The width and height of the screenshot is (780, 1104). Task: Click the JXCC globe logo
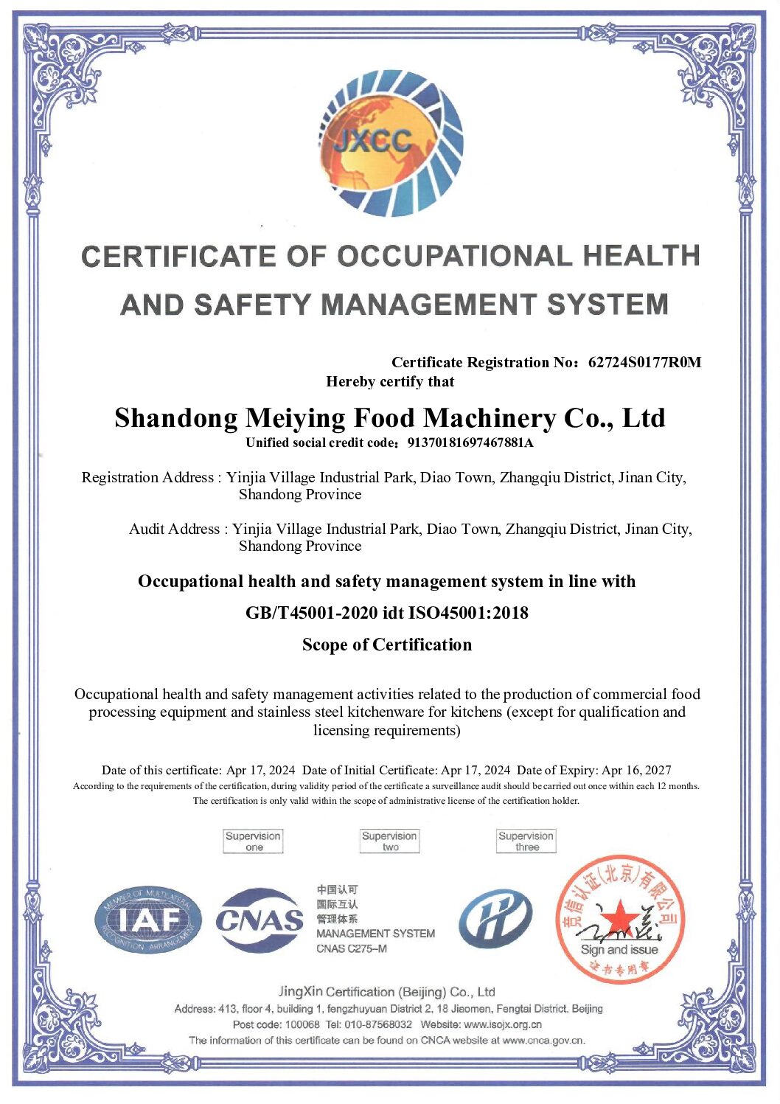(391, 144)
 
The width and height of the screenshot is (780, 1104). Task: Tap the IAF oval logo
(148, 920)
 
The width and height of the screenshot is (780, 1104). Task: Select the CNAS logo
(259, 920)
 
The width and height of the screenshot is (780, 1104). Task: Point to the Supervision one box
(253, 841)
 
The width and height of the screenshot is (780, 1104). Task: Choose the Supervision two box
(389, 841)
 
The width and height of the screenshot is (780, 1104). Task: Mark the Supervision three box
(526, 841)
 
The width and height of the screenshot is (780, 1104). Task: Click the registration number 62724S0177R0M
(644, 362)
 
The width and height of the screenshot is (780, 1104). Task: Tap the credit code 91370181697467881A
(470, 442)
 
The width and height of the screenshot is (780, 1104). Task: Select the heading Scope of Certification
(387, 645)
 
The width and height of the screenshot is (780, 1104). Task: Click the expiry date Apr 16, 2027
(636, 770)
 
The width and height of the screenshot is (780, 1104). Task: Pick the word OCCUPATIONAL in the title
(454, 257)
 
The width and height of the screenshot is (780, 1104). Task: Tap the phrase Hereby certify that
(390, 382)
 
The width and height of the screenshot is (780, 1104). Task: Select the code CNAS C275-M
(352, 948)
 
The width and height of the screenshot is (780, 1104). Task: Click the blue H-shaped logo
(495, 919)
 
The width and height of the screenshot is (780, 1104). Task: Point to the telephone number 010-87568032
(378, 1024)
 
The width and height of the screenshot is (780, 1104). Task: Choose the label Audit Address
(174, 529)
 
